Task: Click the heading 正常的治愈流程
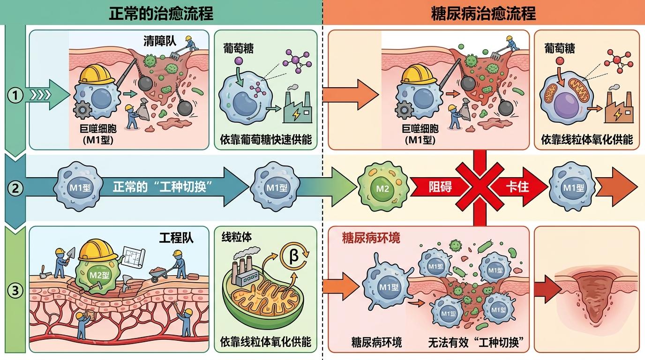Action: click(x=161, y=13)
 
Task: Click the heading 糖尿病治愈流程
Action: click(x=483, y=13)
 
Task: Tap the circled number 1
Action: click(x=15, y=95)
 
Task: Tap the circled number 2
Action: click(x=15, y=188)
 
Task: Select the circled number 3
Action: click(x=15, y=290)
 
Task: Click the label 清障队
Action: click(x=160, y=41)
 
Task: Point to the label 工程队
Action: click(x=176, y=238)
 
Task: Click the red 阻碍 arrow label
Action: click(x=440, y=187)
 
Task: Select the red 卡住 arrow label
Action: click(x=517, y=187)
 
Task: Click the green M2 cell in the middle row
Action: click(x=383, y=187)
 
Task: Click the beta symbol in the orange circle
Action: click(x=293, y=255)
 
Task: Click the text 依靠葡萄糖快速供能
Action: click(x=266, y=140)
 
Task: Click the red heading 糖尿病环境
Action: click(x=371, y=238)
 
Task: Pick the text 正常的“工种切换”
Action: click(x=162, y=187)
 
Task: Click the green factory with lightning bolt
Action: click(x=298, y=107)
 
